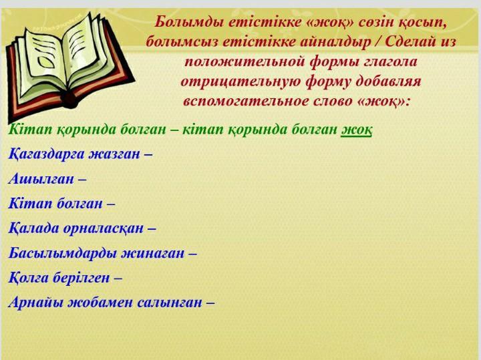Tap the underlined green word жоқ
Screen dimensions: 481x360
(x=357, y=130)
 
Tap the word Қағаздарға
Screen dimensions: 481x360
(x=46, y=154)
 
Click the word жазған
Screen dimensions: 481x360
(x=114, y=154)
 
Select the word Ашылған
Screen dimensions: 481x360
(x=41, y=179)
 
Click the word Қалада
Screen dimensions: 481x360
(x=33, y=228)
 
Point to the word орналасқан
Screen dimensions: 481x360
(x=104, y=228)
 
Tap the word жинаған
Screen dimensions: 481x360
(x=152, y=254)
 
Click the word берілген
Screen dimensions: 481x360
(x=81, y=278)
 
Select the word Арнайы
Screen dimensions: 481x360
(x=36, y=303)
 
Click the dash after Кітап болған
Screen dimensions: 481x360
(x=111, y=204)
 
